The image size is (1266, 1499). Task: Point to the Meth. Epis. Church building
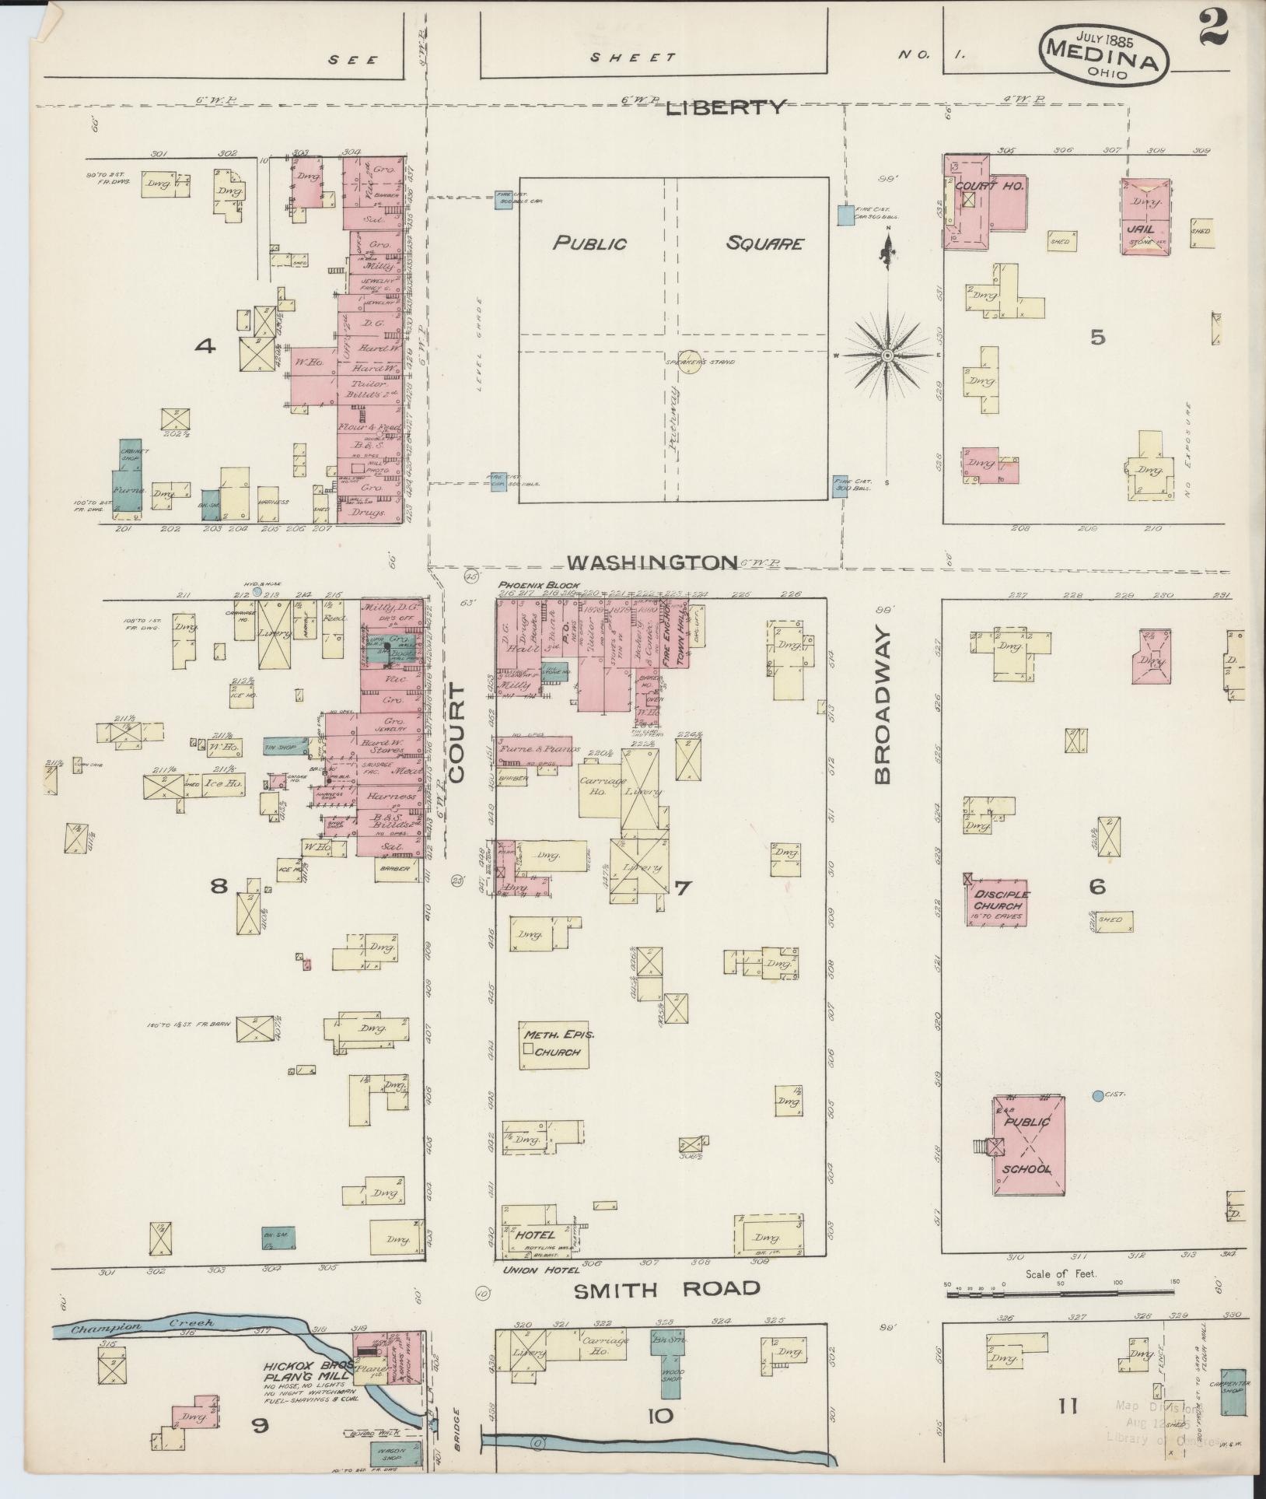coord(554,1045)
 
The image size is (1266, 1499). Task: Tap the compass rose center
coord(886,355)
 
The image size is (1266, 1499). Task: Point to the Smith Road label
coord(666,1290)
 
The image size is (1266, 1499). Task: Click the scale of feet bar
coord(1061,1296)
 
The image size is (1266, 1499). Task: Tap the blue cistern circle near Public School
coord(1097,1095)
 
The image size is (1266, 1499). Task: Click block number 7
coord(681,888)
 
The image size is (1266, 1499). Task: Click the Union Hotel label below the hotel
coord(532,1270)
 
